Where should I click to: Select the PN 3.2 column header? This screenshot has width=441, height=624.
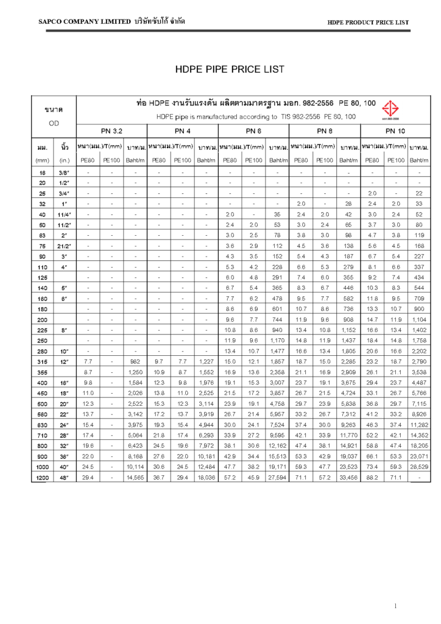[x=111, y=130]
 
